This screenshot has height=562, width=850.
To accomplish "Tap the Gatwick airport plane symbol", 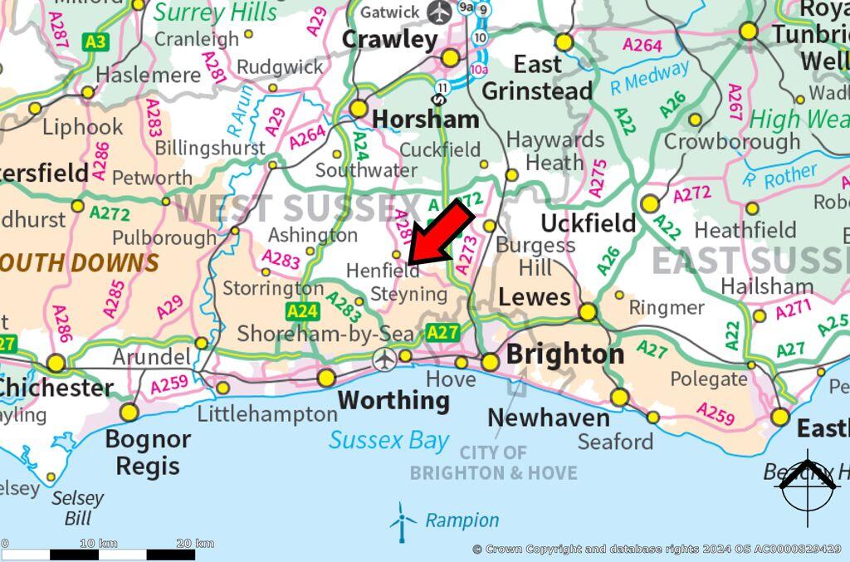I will click(x=439, y=12).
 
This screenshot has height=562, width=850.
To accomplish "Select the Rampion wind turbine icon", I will click(x=403, y=521).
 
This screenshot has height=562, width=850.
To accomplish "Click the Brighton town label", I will click(x=564, y=354).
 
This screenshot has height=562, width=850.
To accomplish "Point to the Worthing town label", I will click(x=393, y=400).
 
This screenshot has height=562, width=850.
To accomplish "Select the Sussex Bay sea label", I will click(x=388, y=440).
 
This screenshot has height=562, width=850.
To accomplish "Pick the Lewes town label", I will click(x=534, y=297).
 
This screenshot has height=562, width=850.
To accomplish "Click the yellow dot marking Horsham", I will click(x=359, y=109).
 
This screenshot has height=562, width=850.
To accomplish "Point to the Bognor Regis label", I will click(x=148, y=452).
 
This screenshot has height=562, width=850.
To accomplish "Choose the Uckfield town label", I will click(x=588, y=223).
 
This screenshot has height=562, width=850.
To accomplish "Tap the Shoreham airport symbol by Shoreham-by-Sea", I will click(x=383, y=359).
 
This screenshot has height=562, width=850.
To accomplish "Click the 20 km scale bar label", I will click(x=196, y=544).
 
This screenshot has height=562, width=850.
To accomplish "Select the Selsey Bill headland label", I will click(x=78, y=508).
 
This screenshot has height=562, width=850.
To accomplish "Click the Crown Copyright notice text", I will click(x=656, y=550).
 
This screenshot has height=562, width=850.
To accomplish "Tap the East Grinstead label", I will click(x=537, y=77).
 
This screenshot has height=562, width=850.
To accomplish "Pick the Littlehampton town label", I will click(x=267, y=413).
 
